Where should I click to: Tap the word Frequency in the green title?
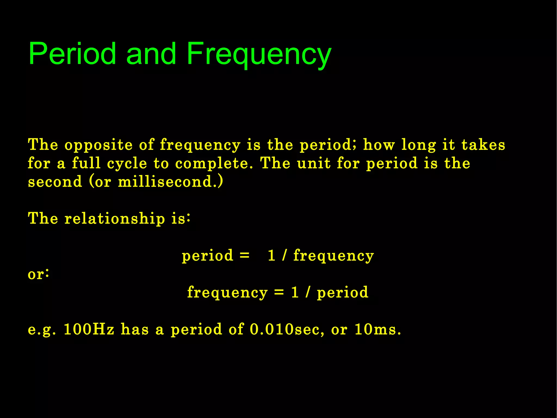click(x=259, y=54)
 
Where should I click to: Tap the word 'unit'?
click(x=314, y=163)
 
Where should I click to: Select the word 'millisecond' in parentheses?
click(x=165, y=182)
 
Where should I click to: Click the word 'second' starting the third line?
click(x=55, y=182)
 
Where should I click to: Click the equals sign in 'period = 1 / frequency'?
click(x=245, y=255)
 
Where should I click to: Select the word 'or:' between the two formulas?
click(x=38, y=274)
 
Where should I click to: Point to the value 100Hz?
click(x=89, y=329)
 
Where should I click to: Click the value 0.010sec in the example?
click(x=287, y=329)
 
